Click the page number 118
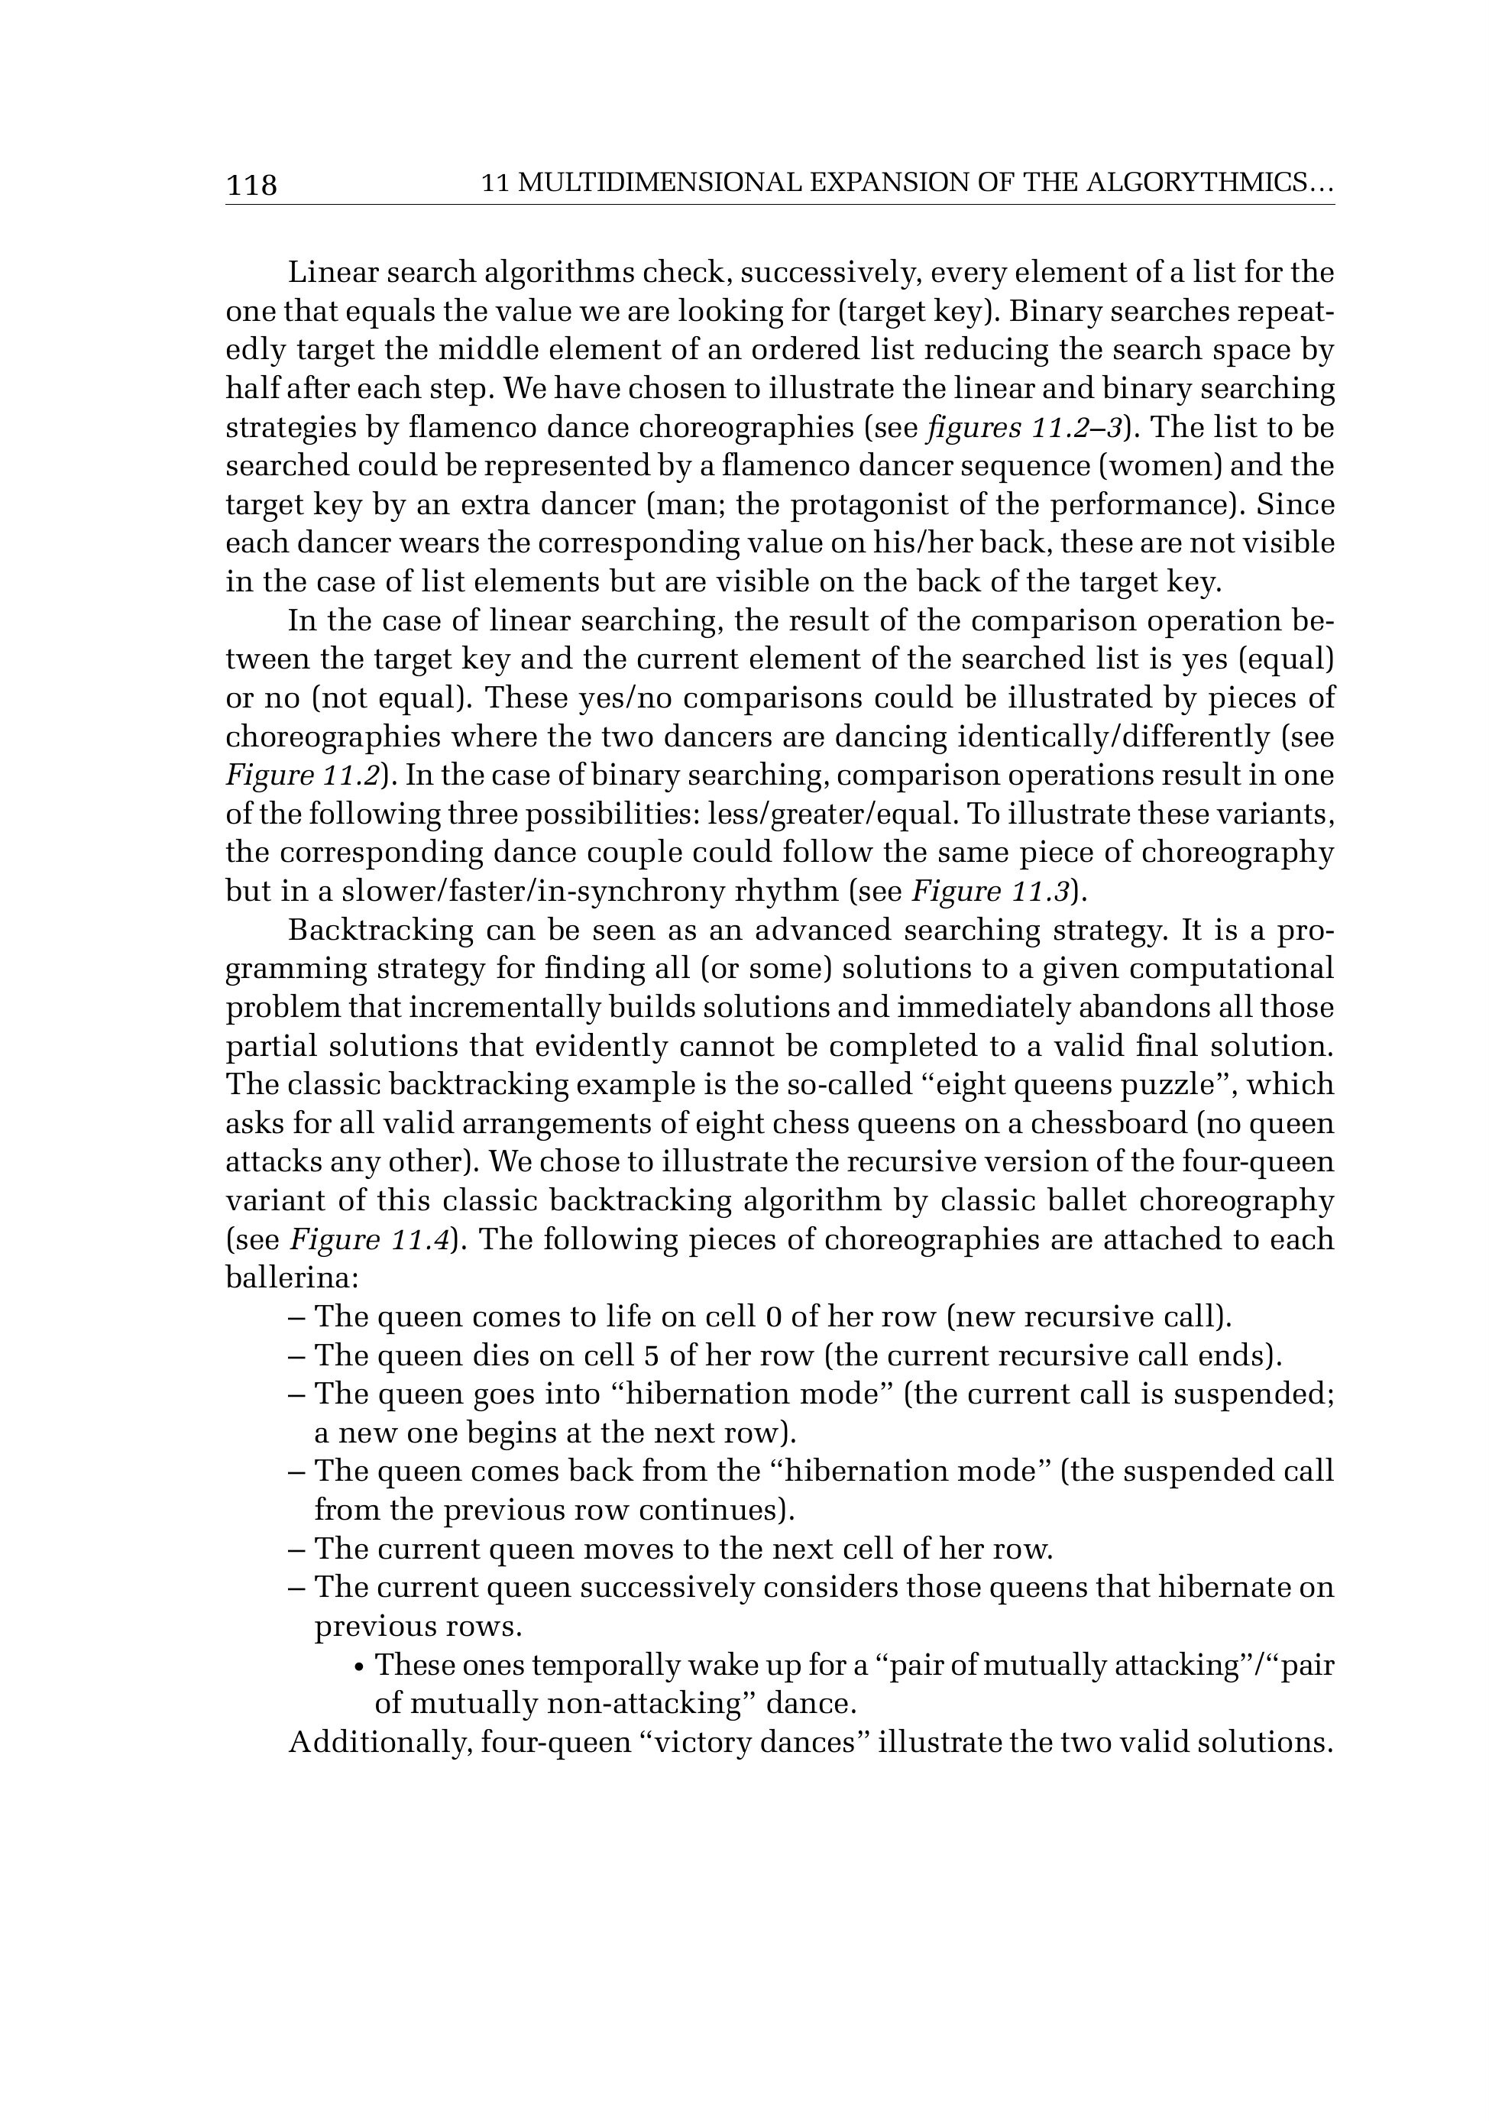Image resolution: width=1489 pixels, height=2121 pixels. point(251,186)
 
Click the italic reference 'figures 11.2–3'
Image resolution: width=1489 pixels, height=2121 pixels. point(1027,429)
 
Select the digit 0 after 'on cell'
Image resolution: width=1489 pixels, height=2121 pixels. point(775,1317)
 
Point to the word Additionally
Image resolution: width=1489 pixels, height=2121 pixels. point(380,1743)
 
